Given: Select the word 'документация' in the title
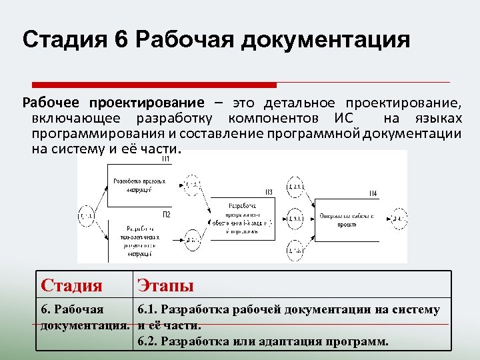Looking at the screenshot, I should tap(325, 41).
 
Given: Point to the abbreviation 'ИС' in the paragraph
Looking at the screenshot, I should tap(339, 119).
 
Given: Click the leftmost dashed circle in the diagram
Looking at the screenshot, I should tap(87, 216).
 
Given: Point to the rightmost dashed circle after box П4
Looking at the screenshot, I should tap(399, 218).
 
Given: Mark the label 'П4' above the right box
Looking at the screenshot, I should tap(373, 193).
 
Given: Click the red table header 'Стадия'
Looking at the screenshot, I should tap(71, 286).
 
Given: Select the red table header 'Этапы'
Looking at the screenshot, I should tap(165, 286).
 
